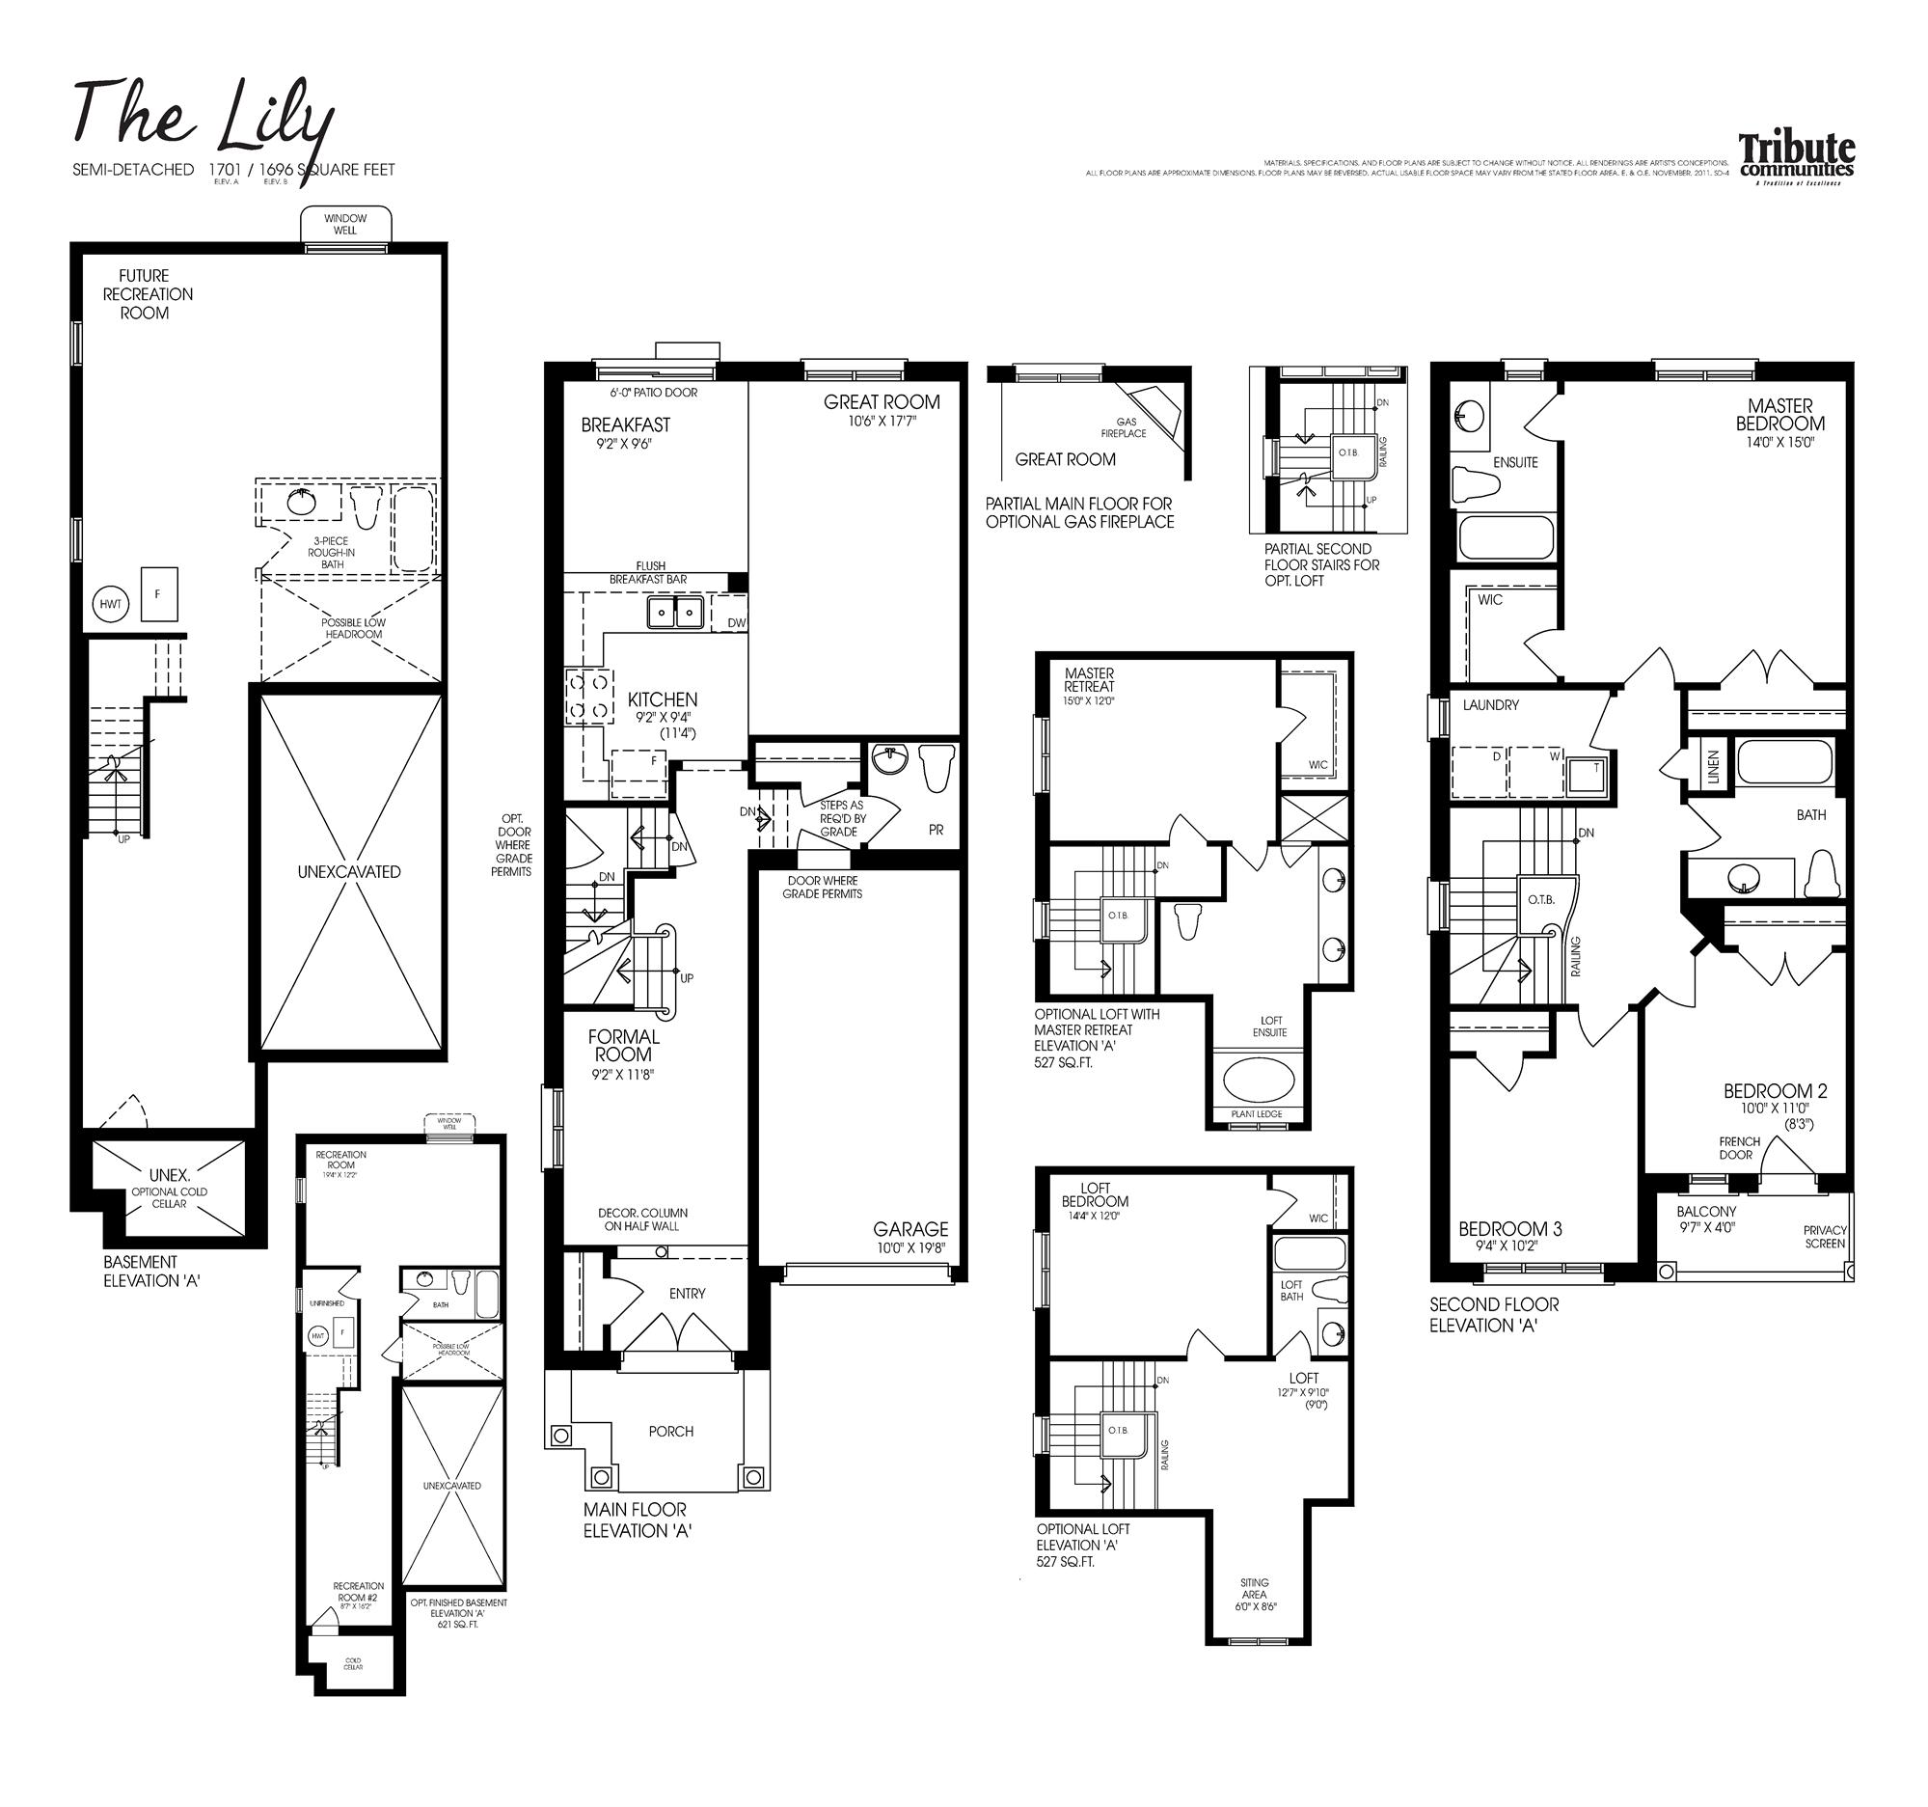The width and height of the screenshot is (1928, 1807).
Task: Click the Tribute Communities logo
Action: (x=1795, y=159)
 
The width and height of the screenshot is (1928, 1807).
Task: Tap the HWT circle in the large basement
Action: (x=111, y=603)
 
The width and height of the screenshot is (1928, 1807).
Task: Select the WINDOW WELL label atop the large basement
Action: (x=345, y=224)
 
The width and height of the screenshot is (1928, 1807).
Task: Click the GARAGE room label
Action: (x=910, y=1229)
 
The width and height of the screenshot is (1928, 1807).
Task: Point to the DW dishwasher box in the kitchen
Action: (x=736, y=622)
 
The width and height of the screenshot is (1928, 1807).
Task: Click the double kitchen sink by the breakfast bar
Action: (x=675, y=612)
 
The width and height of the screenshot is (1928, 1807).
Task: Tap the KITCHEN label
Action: (x=662, y=699)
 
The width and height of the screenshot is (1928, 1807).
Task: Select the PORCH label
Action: (x=670, y=1431)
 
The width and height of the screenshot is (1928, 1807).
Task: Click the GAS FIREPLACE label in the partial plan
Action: (x=1125, y=427)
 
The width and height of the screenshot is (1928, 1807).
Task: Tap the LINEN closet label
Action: (x=1713, y=766)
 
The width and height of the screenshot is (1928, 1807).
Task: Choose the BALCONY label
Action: (x=1706, y=1212)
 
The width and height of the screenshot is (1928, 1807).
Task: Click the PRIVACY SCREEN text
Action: (x=1824, y=1237)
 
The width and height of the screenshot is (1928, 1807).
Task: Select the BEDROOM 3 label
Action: (x=1509, y=1229)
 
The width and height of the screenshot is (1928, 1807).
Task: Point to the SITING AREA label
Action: (x=1253, y=1588)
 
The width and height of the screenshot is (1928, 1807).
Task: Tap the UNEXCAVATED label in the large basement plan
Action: (x=348, y=872)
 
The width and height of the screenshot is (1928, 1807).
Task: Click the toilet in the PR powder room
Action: (x=934, y=768)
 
